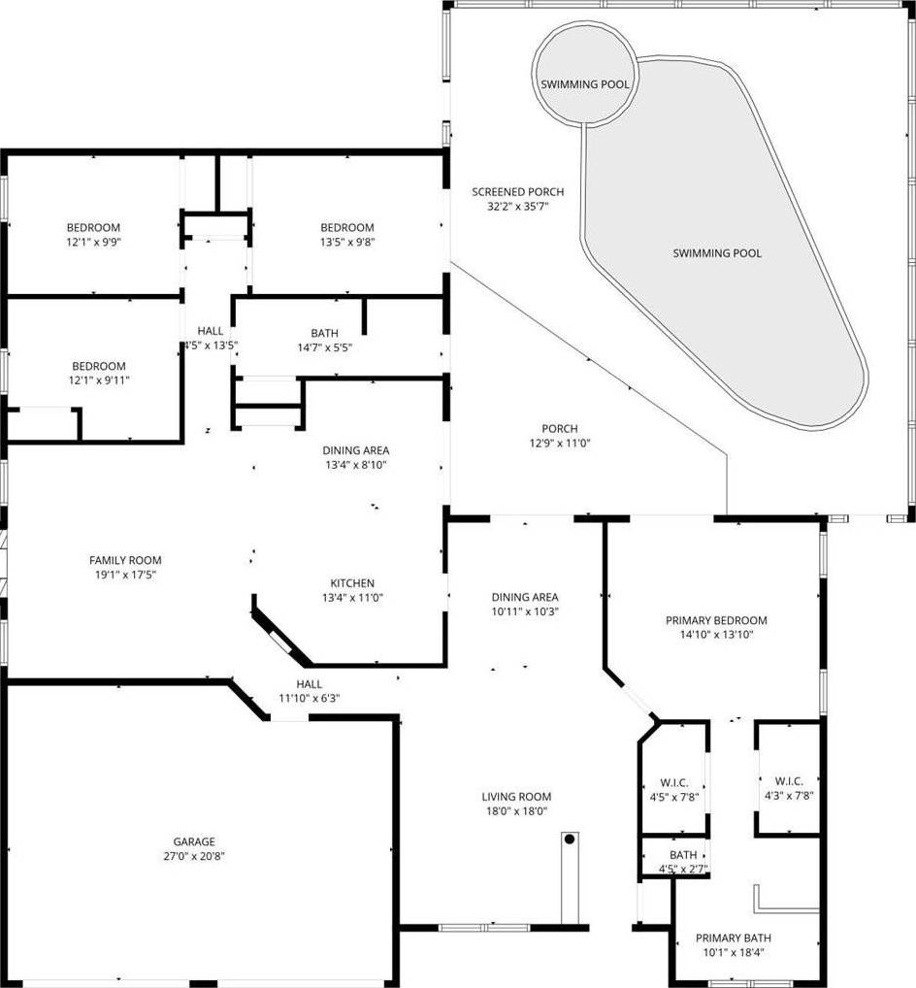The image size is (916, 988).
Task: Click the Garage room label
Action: click(x=194, y=841)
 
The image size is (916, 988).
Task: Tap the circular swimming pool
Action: click(x=583, y=73)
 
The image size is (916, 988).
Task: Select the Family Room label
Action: click(x=125, y=560)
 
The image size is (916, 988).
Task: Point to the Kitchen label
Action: click(x=352, y=583)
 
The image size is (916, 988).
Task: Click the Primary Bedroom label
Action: click(x=716, y=620)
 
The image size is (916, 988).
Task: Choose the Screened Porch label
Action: click(x=518, y=191)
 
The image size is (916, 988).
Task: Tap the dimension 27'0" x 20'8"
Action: click(x=194, y=856)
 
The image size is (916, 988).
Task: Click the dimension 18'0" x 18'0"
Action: click(x=516, y=811)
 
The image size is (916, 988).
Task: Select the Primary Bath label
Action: click(x=734, y=938)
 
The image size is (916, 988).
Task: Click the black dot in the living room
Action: click(x=570, y=840)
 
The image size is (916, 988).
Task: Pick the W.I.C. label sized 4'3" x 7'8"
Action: click(x=789, y=781)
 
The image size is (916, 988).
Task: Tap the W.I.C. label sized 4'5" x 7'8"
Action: click(x=674, y=782)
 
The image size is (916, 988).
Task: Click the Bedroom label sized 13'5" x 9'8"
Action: click(x=347, y=227)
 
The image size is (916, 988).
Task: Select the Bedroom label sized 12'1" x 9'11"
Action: click(x=99, y=366)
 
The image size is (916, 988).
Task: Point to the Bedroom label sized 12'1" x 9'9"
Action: click(x=93, y=227)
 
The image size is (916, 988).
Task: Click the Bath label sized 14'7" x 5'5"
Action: click(x=324, y=333)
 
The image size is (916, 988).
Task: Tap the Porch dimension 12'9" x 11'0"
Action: click(x=560, y=443)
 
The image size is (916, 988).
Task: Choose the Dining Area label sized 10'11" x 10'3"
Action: click(x=525, y=597)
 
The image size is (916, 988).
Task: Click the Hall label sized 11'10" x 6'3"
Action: click(x=310, y=683)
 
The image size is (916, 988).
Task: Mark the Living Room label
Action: click(x=516, y=797)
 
